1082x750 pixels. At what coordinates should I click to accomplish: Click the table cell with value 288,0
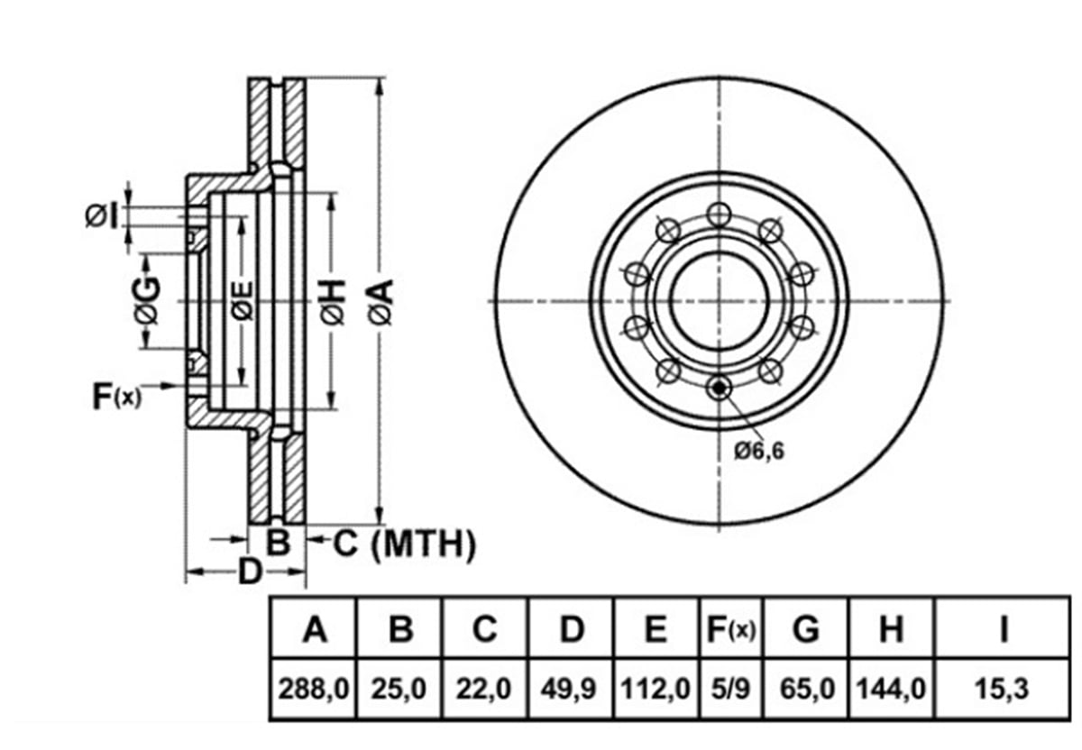tap(313, 689)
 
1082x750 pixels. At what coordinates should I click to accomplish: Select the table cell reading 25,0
tap(399, 689)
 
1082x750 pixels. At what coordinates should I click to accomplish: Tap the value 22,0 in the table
tap(483, 689)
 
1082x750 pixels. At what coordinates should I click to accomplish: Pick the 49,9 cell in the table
tap(569, 689)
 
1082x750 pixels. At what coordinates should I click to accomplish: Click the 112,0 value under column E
tap(655, 689)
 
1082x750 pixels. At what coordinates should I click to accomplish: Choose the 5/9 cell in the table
tap(731, 689)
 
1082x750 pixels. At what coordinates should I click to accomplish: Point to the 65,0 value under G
tap(807, 689)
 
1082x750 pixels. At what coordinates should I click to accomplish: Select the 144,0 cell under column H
tap(891, 689)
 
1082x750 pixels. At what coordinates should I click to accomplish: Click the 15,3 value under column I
tap(1003, 689)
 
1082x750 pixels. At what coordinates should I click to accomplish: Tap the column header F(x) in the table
tap(731, 629)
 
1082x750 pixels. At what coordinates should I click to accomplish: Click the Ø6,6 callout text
tap(759, 452)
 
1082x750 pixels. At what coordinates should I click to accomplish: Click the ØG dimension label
tap(146, 300)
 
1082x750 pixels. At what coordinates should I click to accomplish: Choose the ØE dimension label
tap(242, 301)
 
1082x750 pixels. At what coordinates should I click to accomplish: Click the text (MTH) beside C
tap(424, 544)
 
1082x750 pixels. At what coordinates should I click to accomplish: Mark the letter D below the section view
tap(251, 572)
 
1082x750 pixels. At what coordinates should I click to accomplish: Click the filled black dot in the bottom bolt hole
tap(720, 388)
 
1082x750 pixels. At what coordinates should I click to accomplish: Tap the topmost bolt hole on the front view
tap(719, 215)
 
